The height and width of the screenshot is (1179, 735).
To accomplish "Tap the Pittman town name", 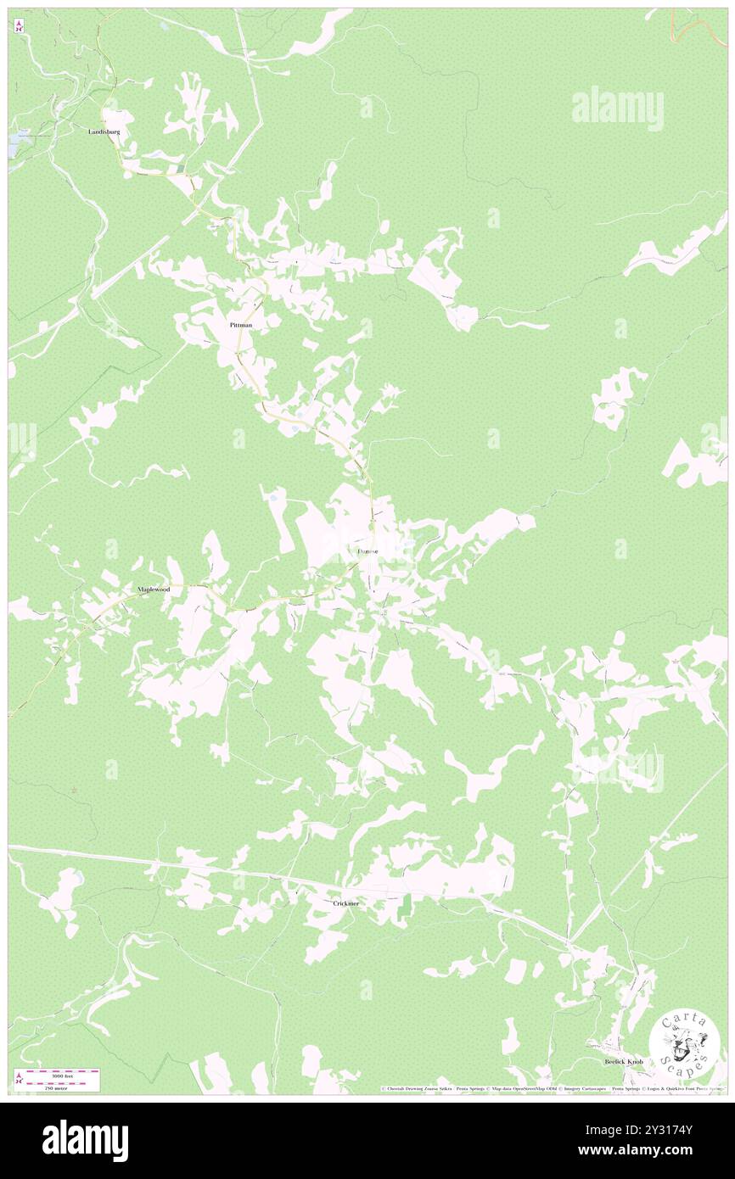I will click(x=241, y=325).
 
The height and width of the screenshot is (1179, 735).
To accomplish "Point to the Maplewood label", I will click(x=154, y=589).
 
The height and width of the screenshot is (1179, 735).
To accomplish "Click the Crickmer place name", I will click(x=345, y=903).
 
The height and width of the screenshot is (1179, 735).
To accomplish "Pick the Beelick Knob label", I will click(x=624, y=1061).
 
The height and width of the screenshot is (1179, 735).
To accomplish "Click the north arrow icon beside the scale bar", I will click(x=19, y=1078).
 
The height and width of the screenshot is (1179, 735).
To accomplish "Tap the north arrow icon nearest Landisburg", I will click(x=19, y=26).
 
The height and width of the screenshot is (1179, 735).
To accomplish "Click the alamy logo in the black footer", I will click(x=85, y=1140).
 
